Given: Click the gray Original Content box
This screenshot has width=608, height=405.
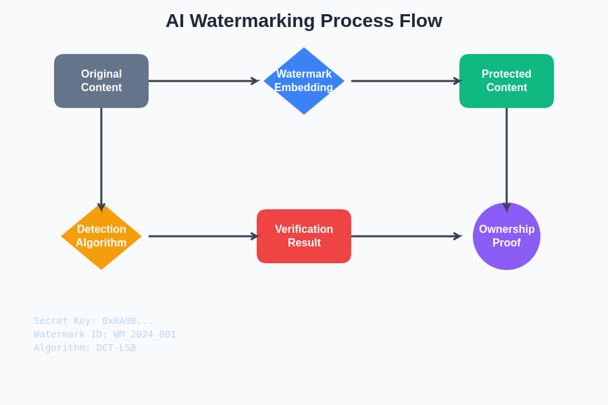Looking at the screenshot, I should (101, 81).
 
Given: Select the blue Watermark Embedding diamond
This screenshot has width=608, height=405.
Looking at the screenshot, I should (304, 81).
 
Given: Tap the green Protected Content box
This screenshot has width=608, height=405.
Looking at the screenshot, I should (507, 81).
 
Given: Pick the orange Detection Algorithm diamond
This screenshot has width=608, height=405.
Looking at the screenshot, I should (101, 236).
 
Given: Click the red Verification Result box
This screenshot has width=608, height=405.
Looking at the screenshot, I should (304, 236).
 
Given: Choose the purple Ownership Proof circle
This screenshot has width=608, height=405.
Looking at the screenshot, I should (507, 236).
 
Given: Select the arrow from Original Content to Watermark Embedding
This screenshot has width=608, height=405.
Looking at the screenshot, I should (203, 81).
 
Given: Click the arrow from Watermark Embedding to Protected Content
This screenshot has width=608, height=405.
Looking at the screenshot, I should (405, 81).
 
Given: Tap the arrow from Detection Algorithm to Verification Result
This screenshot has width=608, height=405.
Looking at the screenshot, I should (203, 236).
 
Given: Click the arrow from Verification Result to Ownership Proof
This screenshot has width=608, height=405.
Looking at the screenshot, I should (405, 236).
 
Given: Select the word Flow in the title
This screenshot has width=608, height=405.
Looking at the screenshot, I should (420, 21).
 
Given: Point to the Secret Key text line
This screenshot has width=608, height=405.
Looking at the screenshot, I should (93, 321).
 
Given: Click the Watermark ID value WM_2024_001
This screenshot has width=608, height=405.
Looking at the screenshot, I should (145, 334).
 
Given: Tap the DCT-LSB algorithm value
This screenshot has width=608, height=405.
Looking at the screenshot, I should (116, 348).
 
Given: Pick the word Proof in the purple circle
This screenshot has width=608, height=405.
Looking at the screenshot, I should (507, 243).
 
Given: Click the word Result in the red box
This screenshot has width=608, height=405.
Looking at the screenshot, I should (304, 243).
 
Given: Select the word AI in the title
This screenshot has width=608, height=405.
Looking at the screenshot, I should (174, 21).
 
